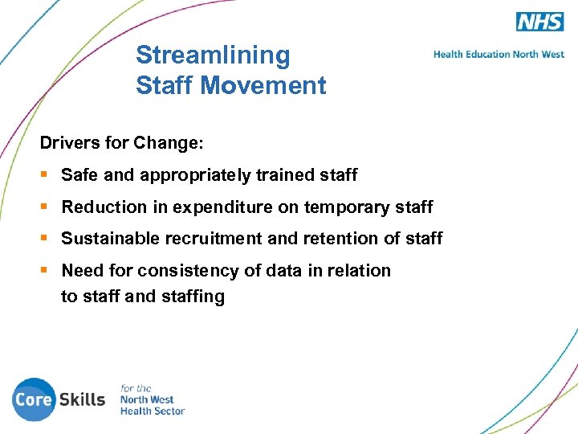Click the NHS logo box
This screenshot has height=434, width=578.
539,22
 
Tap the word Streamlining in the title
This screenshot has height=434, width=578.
213,55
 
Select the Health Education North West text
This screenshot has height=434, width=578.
499,55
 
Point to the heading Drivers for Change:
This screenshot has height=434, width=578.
122,144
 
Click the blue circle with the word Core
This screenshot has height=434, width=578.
34,399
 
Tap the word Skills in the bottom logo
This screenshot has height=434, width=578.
81,399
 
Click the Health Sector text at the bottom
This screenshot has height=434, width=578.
152,411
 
